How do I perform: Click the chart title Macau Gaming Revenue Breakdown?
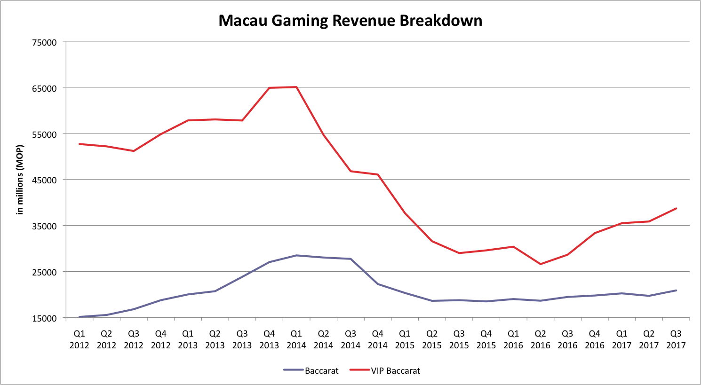pos(350,21)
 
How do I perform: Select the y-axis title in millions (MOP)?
pos(20,180)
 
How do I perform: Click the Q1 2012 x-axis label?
pos(80,339)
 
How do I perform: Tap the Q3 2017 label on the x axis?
pos(676,339)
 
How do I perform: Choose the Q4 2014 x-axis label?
pos(377,339)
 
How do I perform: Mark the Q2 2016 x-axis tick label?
pos(540,339)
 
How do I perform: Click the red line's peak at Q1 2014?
pos(296,87)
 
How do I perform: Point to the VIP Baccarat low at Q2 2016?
pos(540,264)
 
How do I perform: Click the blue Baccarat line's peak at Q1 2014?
pos(296,255)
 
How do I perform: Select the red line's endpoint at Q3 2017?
pos(676,208)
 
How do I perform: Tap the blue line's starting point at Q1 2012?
pos(80,317)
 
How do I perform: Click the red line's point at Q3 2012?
pos(134,151)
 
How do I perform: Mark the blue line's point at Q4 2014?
pos(378,284)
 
